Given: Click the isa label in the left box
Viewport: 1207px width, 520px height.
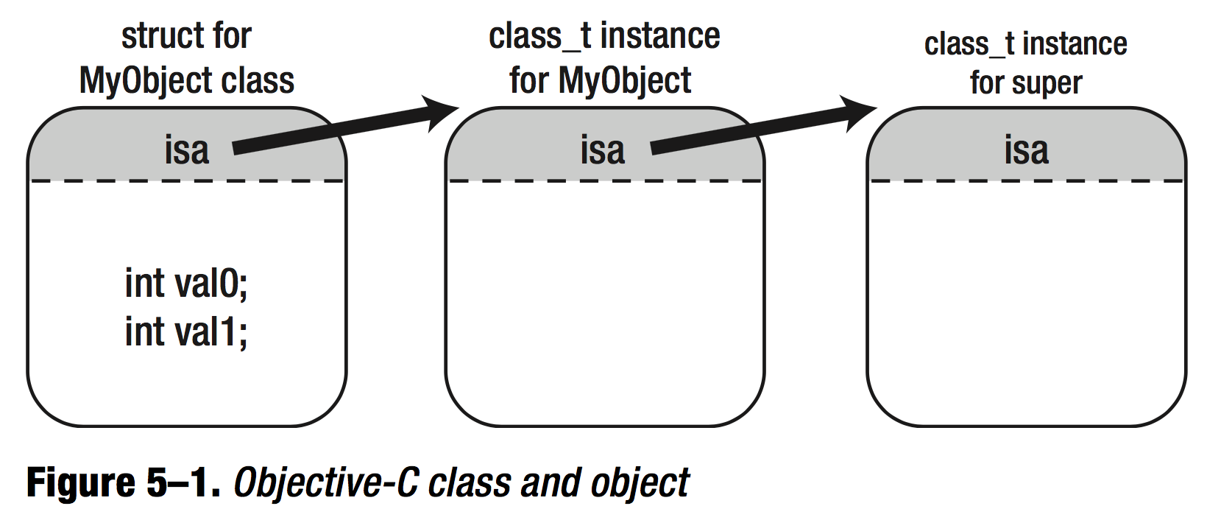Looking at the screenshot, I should click(186, 150).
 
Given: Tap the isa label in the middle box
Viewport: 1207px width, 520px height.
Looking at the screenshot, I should click(602, 150).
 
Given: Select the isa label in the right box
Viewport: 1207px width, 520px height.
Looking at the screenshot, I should click(1026, 150).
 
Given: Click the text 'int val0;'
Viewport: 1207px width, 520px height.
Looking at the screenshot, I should click(186, 284).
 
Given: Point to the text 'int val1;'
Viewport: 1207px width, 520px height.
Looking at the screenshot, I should click(186, 331).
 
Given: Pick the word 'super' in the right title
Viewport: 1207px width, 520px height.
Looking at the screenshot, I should click(1048, 83).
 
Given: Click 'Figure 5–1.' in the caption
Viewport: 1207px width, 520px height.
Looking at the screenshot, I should click(123, 483).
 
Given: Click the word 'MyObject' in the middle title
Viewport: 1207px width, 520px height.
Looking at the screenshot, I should click(625, 80).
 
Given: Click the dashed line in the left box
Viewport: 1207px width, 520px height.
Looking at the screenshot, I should click(186, 180).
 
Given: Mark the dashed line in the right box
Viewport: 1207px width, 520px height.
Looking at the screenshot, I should click(1026, 180).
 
